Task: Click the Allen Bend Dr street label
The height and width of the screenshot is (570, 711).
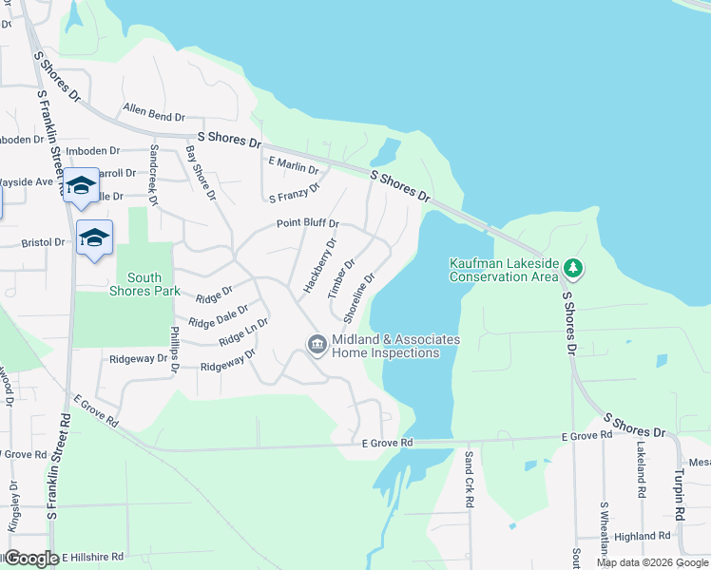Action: click(152, 116)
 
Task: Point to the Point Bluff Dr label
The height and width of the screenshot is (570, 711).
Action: click(307, 223)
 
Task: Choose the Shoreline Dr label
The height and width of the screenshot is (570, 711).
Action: click(360, 295)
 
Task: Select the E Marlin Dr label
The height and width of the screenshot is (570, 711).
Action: click(293, 165)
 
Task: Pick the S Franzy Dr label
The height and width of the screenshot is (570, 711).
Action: click(294, 196)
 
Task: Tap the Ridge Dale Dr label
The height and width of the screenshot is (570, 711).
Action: click(218, 316)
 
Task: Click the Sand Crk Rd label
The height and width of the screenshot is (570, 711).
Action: click(470, 478)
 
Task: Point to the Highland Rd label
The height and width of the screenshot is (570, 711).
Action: click(644, 536)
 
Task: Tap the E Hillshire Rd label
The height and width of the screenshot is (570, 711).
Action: click(93, 557)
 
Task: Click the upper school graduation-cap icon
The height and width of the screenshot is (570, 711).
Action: click(82, 185)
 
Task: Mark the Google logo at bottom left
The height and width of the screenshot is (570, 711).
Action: click(31, 559)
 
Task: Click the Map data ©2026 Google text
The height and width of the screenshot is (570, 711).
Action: click(652, 562)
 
